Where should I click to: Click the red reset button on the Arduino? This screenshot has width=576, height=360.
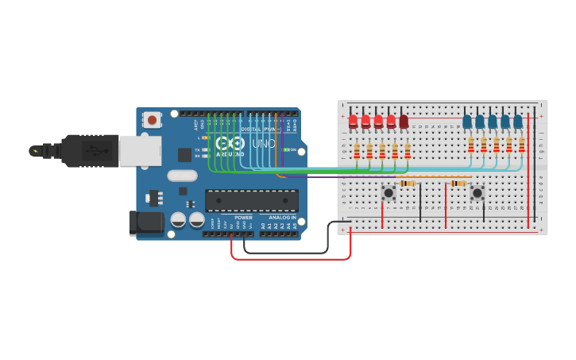point(151,120)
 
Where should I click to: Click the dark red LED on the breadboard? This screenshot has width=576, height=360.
point(404,122)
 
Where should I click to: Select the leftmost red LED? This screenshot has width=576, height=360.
point(354,122)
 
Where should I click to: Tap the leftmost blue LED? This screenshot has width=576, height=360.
point(467,122)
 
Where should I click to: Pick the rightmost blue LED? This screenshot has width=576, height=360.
point(518,122)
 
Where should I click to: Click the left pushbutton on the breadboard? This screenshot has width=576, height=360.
point(389,192)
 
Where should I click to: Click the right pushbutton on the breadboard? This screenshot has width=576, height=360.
point(477,192)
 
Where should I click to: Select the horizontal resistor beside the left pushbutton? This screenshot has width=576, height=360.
point(408,184)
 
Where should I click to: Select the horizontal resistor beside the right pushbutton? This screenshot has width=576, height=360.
point(458,184)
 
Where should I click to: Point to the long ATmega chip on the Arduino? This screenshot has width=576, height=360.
point(252,200)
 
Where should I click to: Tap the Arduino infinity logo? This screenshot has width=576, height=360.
point(230,144)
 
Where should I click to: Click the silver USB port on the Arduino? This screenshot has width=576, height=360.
point(140,150)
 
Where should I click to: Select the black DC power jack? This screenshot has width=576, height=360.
point(145,223)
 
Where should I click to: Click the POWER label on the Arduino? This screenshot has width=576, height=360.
point(244,217)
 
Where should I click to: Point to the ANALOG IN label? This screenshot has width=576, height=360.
point(281,217)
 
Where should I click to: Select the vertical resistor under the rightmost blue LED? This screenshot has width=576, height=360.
point(522,145)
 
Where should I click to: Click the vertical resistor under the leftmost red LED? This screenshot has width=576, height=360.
point(357,151)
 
